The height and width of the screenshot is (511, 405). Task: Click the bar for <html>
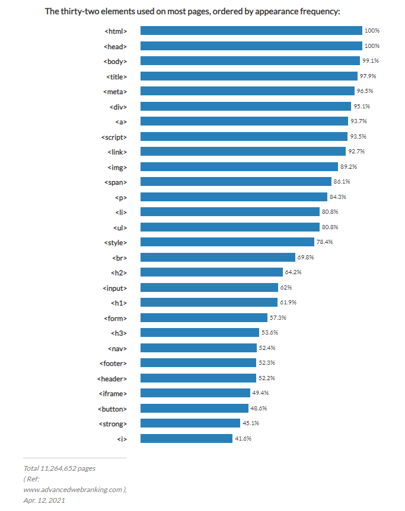tap(251, 31)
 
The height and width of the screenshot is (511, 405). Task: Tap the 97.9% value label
tap(367, 76)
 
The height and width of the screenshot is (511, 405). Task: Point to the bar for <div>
tap(245, 107)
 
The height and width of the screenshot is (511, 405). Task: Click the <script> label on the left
tap(114, 137)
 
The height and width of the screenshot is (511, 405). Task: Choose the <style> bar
tap(227, 242)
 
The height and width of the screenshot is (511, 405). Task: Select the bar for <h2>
tap(211, 272)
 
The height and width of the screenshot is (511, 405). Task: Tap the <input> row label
tap(114, 288)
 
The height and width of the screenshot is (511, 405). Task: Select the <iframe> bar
tap(195, 393)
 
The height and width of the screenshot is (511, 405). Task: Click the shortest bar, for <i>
tap(186, 439)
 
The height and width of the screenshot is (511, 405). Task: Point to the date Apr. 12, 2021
tap(44, 500)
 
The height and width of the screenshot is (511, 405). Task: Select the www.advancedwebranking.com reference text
tap(73, 490)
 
